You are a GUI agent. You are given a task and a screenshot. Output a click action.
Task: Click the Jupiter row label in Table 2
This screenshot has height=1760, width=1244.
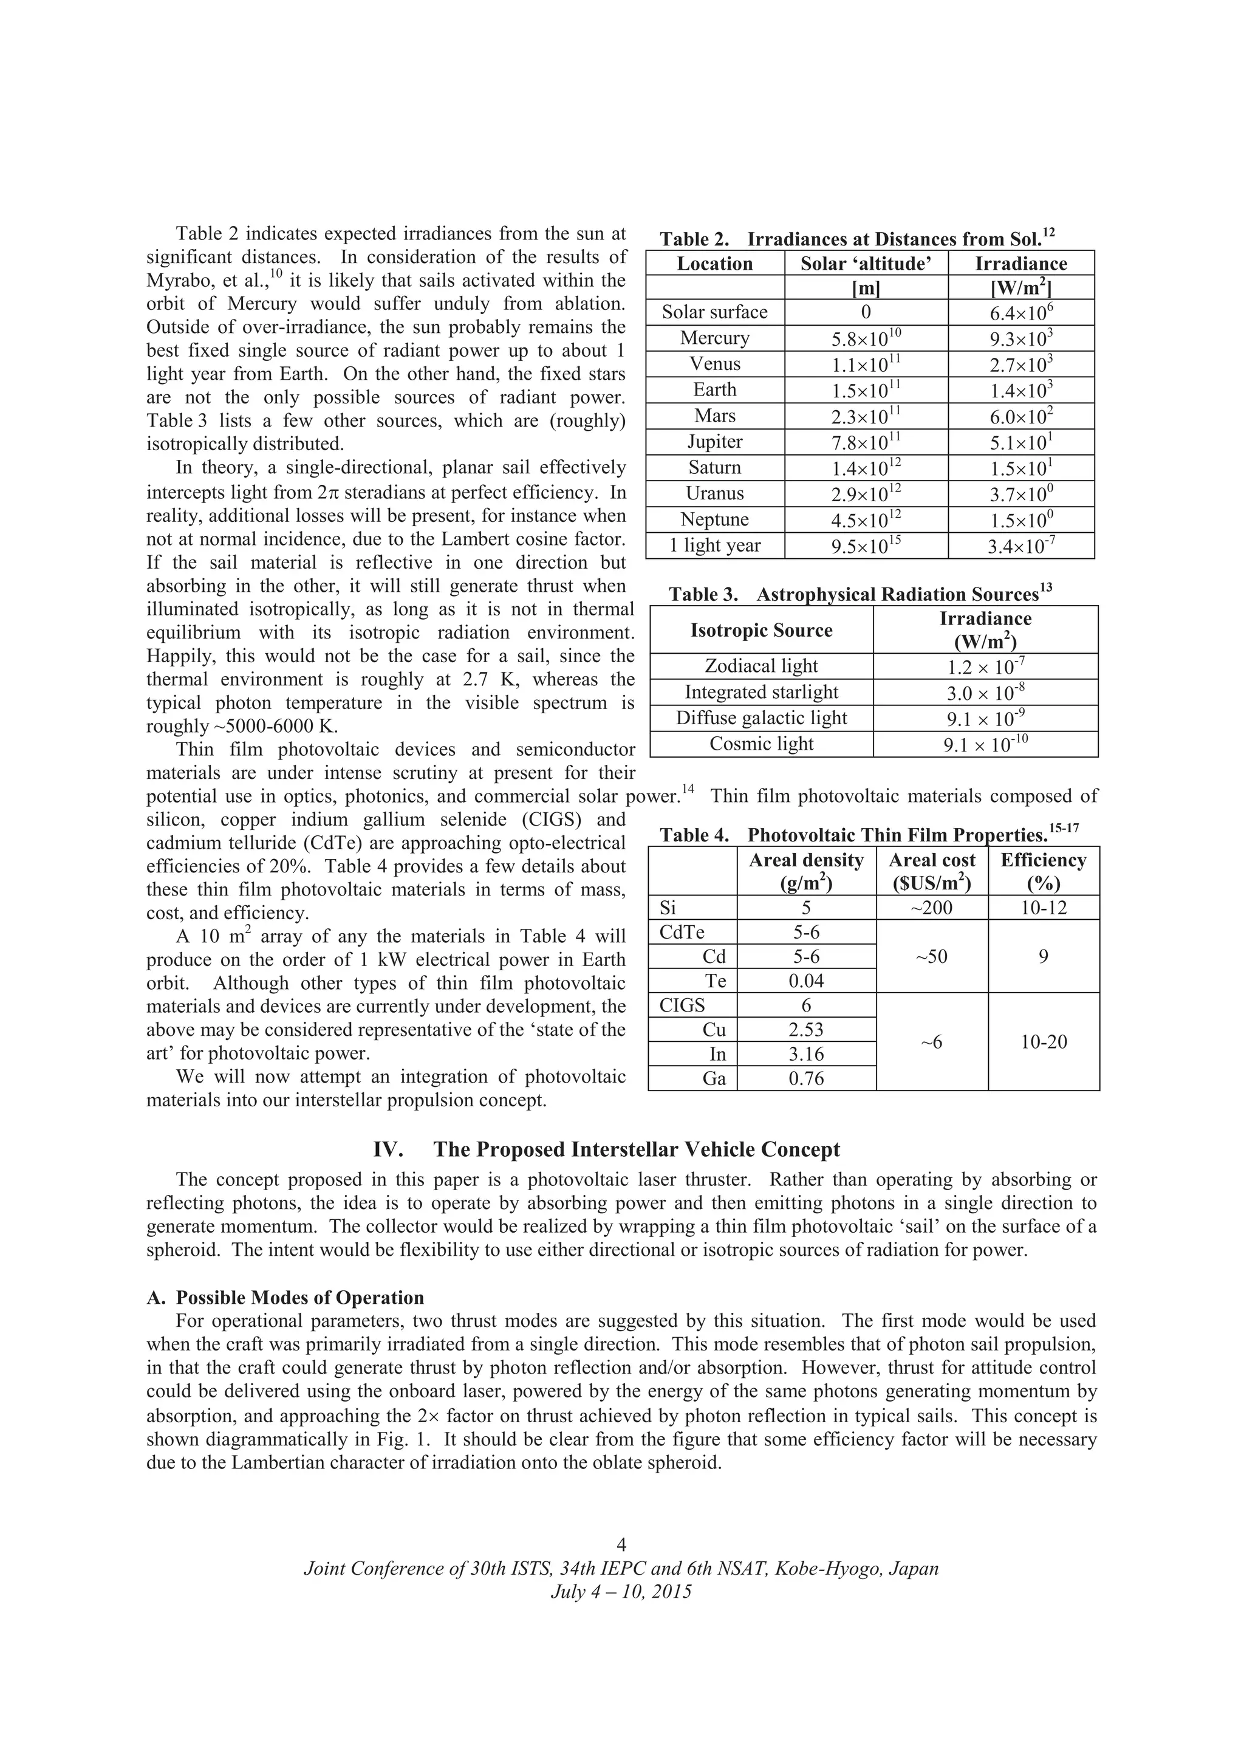(x=714, y=442)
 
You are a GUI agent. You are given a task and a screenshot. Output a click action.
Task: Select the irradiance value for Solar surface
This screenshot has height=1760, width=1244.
(x=1020, y=313)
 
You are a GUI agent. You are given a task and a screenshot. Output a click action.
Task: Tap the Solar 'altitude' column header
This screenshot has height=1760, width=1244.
(x=866, y=264)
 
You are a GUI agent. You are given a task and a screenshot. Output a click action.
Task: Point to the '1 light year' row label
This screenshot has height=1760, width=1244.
(x=714, y=545)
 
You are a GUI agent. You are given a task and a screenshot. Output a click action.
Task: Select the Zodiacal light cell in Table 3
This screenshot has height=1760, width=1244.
(x=761, y=665)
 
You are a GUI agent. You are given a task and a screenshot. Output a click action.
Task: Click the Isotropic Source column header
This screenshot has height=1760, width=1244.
(x=761, y=630)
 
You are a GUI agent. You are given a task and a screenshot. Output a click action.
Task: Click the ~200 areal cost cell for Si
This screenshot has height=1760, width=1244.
(x=931, y=908)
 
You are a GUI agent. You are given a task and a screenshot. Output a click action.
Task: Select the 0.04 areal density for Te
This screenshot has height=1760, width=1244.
(x=806, y=981)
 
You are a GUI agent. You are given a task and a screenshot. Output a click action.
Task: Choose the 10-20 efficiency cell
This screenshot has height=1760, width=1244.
(x=1043, y=1042)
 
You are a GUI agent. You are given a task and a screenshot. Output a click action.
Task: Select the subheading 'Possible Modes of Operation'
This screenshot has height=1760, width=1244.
(x=299, y=1297)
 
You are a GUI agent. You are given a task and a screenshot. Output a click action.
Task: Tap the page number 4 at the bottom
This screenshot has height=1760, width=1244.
(x=621, y=1544)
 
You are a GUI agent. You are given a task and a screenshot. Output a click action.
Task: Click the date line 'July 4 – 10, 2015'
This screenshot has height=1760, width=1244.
(x=621, y=1591)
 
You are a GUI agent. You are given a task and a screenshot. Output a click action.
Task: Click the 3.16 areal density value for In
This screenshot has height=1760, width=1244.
(x=806, y=1054)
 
